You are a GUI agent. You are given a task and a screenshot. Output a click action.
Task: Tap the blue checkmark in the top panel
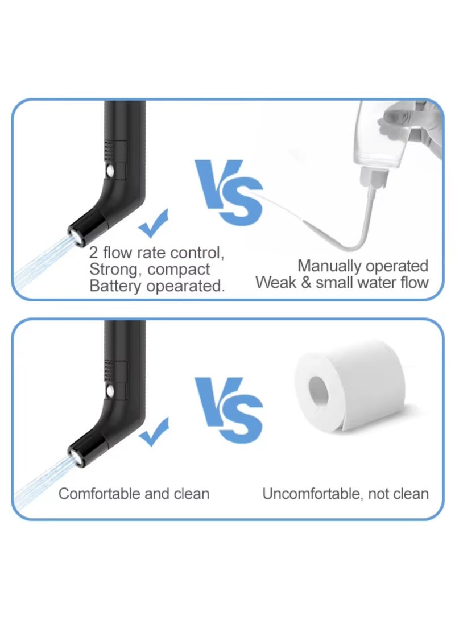pyautogui.click(x=154, y=223)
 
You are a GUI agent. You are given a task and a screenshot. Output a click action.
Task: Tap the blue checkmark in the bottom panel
pyautogui.click(x=154, y=432)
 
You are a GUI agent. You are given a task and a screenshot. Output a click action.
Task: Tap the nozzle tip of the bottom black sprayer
pyautogui.click(x=73, y=453)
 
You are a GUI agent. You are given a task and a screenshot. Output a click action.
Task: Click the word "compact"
pyautogui.click(x=181, y=270)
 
